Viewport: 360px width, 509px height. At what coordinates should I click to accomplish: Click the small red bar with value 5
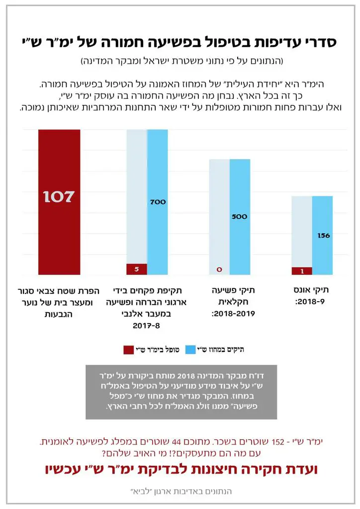pyautogui.click(x=136, y=269)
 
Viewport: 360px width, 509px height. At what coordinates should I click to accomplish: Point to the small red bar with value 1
pyautogui.click(x=302, y=271)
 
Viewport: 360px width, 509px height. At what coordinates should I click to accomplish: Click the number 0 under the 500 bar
pyautogui.click(x=219, y=270)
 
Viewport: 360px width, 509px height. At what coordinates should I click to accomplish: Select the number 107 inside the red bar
pyautogui.click(x=59, y=197)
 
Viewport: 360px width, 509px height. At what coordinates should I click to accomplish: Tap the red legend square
pyautogui.click(x=128, y=350)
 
